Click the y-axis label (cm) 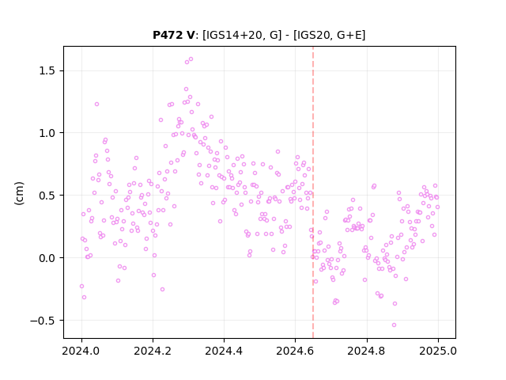click(x=19, y=193)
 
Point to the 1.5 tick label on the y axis click(x=47, y=70)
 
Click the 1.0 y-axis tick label click(x=47, y=133)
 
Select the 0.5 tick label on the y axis click(x=47, y=196)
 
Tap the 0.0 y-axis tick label click(x=47, y=258)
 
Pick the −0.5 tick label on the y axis click(x=43, y=321)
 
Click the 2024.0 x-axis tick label click(x=81, y=351)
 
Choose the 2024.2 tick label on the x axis click(x=153, y=351)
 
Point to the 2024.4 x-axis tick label click(x=224, y=351)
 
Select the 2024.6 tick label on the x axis click(x=295, y=351)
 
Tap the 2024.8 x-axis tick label click(x=366, y=351)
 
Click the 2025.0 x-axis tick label click(x=438, y=351)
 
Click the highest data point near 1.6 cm click(x=191, y=59)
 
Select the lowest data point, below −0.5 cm click(x=394, y=325)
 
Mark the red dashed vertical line click(x=313, y=192)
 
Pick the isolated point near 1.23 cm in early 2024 click(x=96, y=104)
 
